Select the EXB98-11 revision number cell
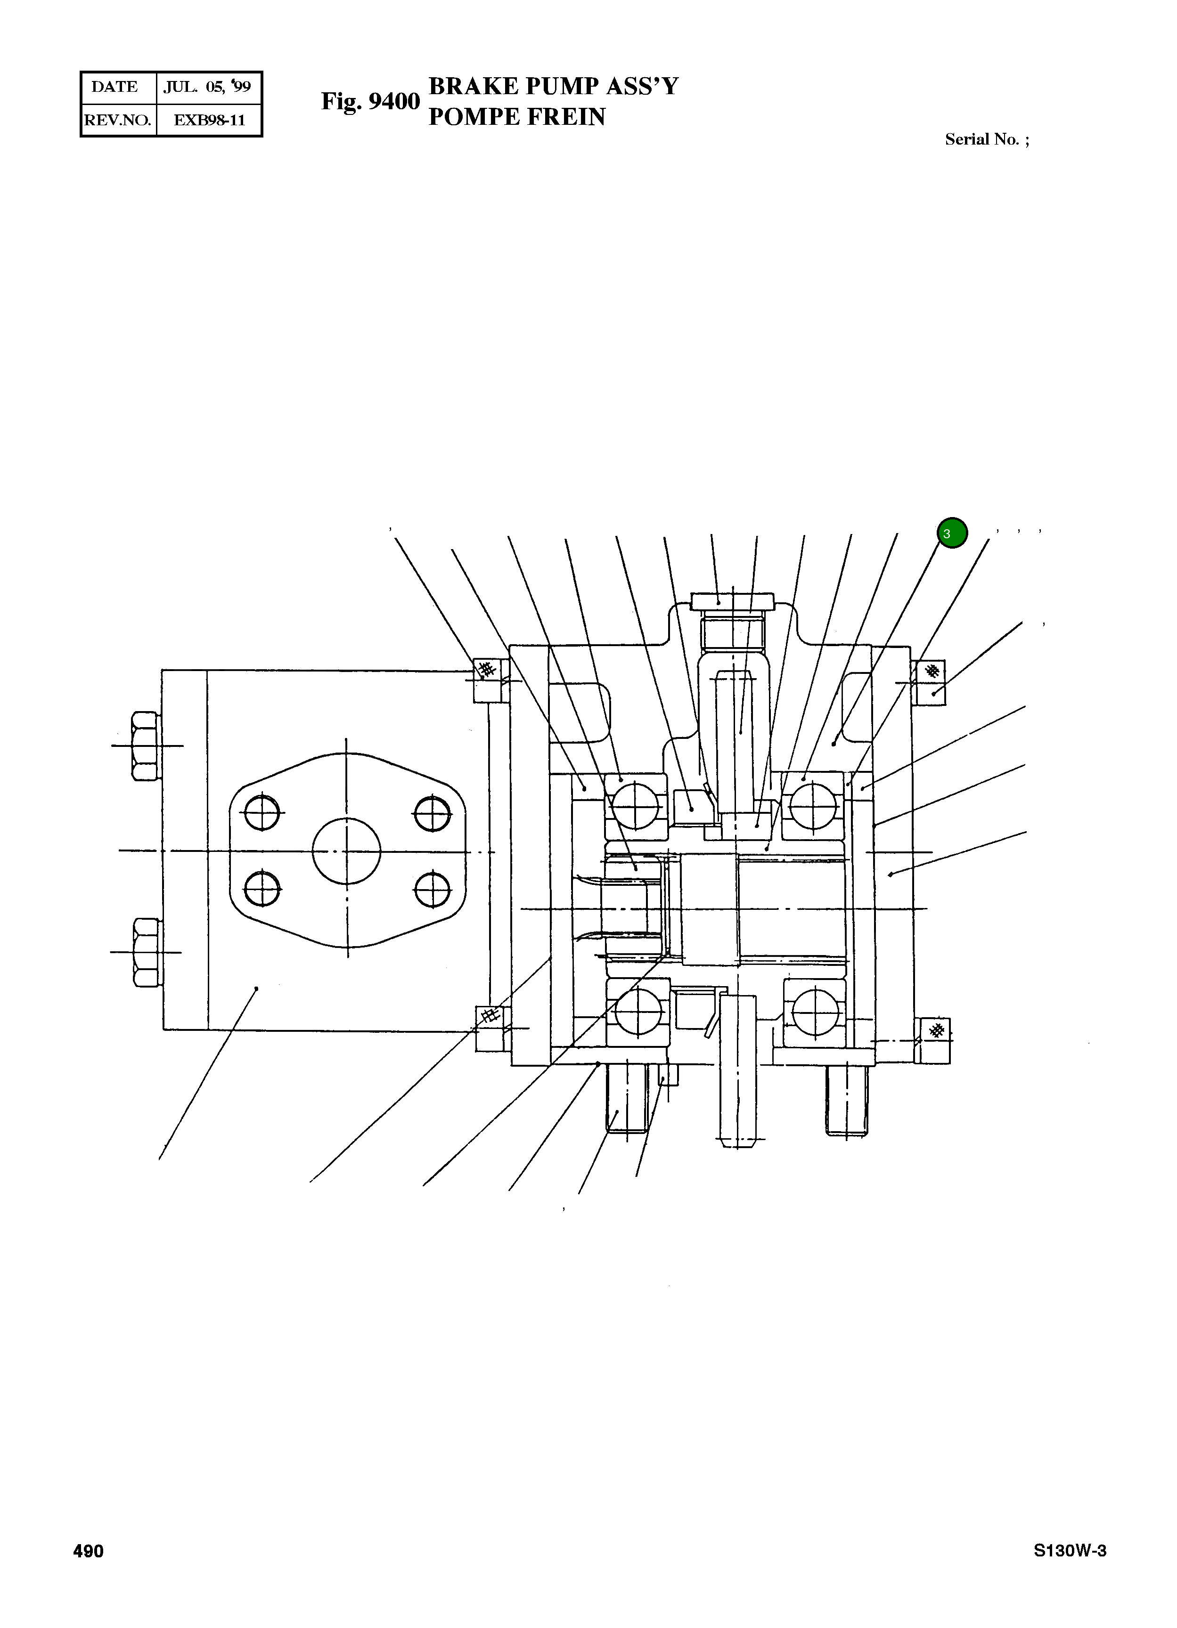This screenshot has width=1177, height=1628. tap(209, 120)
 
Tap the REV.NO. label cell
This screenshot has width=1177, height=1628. tap(118, 120)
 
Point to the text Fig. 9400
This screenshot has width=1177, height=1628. tap(370, 101)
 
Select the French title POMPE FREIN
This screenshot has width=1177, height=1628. tap(516, 117)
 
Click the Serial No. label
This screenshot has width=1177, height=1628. tap(986, 139)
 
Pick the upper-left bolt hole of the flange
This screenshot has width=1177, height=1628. tap(262, 812)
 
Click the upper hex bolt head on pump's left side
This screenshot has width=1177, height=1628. tap(146, 746)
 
